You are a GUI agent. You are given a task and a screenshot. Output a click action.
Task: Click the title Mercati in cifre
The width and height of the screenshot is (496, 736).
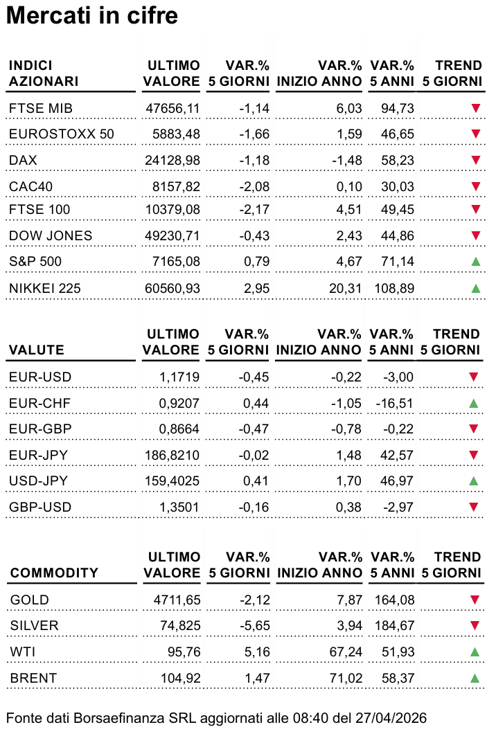(x=92, y=15)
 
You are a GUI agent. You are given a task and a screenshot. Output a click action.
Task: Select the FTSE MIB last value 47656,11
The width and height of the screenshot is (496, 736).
(x=173, y=109)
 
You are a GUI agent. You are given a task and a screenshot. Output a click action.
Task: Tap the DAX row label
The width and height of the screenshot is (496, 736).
(x=23, y=161)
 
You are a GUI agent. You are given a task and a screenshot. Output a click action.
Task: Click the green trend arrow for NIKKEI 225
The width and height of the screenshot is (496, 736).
(x=476, y=288)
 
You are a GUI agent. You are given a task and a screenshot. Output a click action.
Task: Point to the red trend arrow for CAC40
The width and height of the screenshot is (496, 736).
(x=476, y=186)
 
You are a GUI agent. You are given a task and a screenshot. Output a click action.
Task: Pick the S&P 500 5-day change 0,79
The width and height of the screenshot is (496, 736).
(x=256, y=262)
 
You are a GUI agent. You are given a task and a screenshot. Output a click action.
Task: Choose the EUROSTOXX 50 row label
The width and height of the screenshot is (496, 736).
(x=62, y=134)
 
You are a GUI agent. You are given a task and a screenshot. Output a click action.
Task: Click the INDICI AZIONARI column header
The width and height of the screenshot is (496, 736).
(x=44, y=73)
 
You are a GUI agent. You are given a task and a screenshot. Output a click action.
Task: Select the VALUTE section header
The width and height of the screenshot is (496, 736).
(x=36, y=350)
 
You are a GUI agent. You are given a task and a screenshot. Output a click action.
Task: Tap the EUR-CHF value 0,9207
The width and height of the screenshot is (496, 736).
(x=179, y=403)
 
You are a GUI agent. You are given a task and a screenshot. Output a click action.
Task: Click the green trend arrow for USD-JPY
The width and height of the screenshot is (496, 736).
(x=474, y=481)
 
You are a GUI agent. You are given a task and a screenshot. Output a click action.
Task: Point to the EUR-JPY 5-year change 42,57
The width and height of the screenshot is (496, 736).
(x=397, y=456)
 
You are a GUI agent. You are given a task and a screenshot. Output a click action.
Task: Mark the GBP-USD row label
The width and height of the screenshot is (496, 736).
(x=40, y=508)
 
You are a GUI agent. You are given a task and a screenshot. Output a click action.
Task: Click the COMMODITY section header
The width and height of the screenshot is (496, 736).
(x=54, y=573)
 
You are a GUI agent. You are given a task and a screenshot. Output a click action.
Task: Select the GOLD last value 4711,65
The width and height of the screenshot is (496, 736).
(x=177, y=600)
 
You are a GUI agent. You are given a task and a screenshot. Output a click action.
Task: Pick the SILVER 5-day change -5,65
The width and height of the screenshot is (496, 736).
(x=254, y=626)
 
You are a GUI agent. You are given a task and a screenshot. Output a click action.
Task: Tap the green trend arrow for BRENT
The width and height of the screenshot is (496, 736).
(x=475, y=678)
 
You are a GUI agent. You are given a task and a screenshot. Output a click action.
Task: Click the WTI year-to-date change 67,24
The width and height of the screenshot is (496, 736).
(x=346, y=652)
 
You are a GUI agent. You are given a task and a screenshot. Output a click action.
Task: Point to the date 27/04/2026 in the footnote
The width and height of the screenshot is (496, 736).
(x=391, y=718)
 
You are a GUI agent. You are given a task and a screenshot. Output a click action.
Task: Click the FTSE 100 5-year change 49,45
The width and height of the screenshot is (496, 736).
(x=398, y=209)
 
